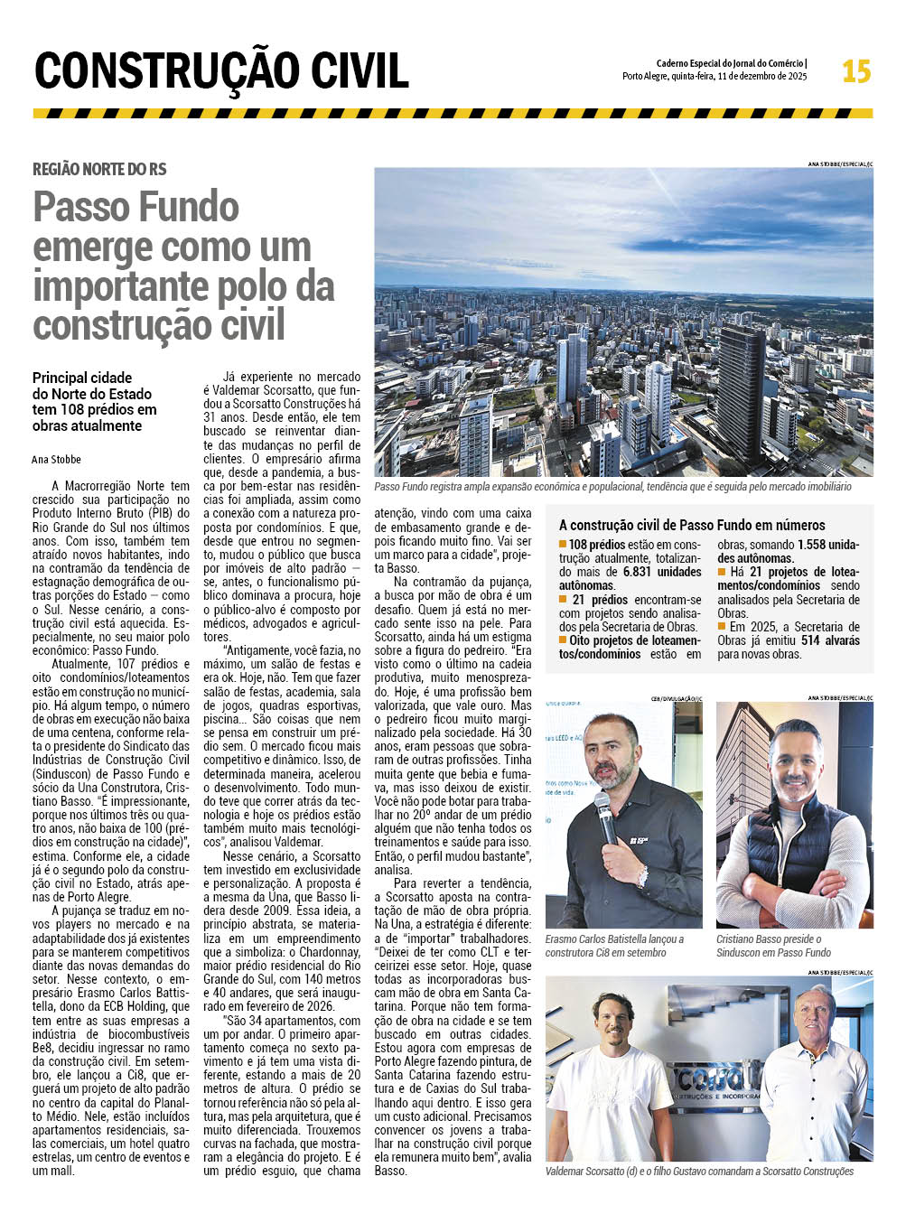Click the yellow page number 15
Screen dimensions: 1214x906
[x=855, y=71]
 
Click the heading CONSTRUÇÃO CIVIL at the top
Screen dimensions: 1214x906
[x=221, y=71]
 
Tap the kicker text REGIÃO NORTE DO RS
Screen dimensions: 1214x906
[x=99, y=169]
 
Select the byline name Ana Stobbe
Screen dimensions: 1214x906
[x=56, y=459]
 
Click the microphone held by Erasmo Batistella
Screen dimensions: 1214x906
[x=603, y=814]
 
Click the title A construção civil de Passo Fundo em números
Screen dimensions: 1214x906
[x=692, y=525]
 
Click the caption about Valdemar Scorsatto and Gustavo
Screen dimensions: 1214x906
[x=699, y=1172]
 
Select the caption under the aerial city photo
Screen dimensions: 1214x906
[x=612, y=487]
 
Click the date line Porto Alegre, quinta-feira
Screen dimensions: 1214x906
[x=714, y=77]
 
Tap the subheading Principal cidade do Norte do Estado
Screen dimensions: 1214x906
[x=94, y=401]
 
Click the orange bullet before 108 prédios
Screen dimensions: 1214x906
[x=563, y=544]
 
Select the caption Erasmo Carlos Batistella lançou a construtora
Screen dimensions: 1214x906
[x=614, y=946]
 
